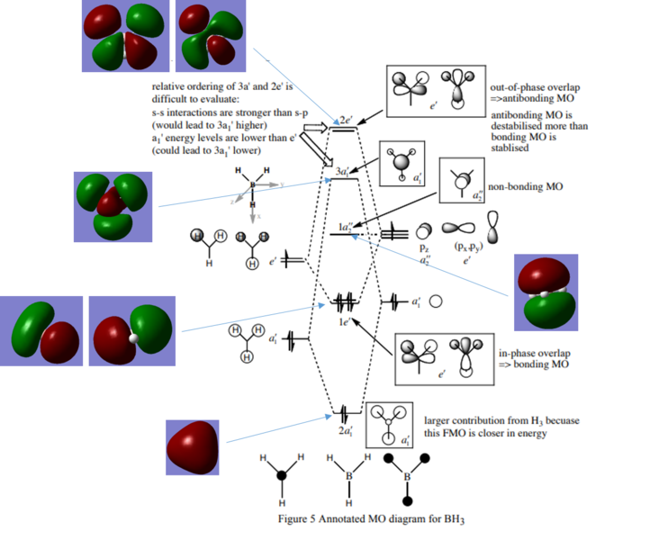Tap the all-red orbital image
click(x=193, y=447)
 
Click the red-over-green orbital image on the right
click(x=545, y=292)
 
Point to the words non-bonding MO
click(x=526, y=187)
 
